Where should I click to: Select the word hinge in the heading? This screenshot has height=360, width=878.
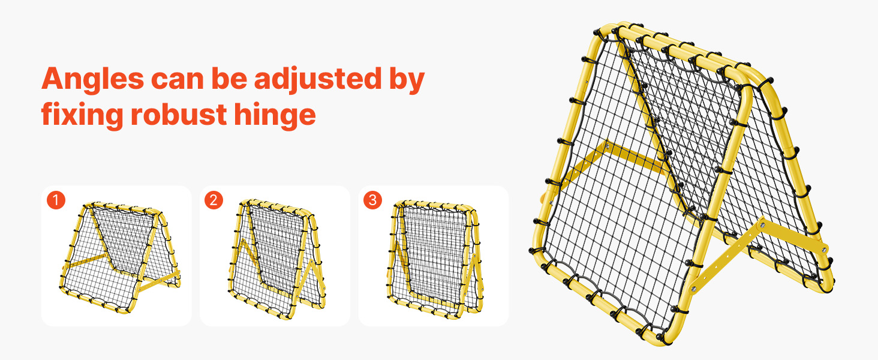coord(275,116)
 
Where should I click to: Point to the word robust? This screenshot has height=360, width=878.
coord(179,115)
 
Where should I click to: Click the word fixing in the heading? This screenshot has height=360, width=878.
coord(82,116)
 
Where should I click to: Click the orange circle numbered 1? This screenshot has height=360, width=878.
coord(56,200)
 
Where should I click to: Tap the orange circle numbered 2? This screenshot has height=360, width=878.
coord(214,200)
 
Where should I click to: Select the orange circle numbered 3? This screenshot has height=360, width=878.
coord(372,200)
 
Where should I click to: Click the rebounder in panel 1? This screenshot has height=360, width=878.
coord(120,257)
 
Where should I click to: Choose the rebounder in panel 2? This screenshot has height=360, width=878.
coord(276,259)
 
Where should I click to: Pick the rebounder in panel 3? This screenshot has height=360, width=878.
coord(435,259)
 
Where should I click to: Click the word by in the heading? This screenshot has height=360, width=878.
coord(407,80)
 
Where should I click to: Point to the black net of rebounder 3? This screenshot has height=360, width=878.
coord(435,251)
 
